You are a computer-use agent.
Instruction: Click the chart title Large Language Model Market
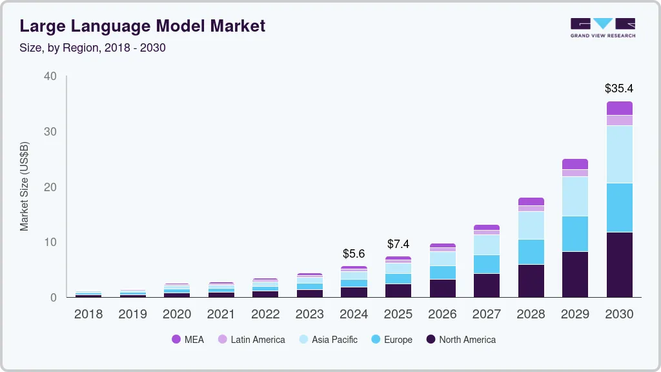pyautogui.click(x=142, y=26)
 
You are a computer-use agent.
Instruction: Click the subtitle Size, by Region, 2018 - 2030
pyautogui.click(x=92, y=48)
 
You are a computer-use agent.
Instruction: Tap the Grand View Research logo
pyautogui.click(x=602, y=27)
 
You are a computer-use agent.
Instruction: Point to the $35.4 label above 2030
pyautogui.click(x=619, y=88)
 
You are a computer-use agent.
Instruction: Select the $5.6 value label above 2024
pyautogui.click(x=354, y=254)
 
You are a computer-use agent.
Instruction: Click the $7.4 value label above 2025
pyautogui.click(x=398, y=244)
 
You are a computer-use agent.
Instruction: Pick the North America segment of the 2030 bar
pyautogui.click(x=619, y=265)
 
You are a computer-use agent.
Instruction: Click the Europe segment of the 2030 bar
pyautogui.click(x=619, y=207)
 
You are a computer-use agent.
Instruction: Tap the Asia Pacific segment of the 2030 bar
pyautogui.click(x=619, y=154)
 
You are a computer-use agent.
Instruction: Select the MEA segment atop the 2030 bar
pyautogui.click(x=619, y=108)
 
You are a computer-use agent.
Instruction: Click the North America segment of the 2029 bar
pyautogui.click(x=575, y=274)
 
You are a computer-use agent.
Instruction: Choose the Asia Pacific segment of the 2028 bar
pyautogui.click(x=531, y=225)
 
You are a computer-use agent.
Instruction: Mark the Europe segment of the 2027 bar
pyautogui.click(x=486, y=264)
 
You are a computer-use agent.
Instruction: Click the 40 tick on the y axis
pyautogui.click(x=50, y=76)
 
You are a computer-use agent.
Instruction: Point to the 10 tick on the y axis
pyautogui.click(x=50, y=242)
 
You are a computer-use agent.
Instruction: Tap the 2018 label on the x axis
pyautogui.click(x=88, y=315)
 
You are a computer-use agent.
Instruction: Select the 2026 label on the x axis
pyautogui.click(x=442, y=315)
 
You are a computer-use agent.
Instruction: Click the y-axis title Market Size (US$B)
pyautogui.click(x=25, y=187)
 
